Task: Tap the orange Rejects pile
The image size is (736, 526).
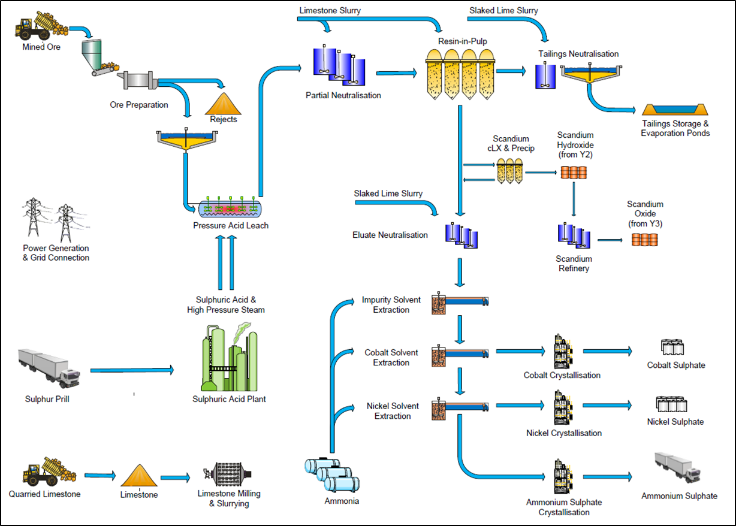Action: pos(222,103)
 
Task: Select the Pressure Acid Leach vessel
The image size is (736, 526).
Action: pos(230,208)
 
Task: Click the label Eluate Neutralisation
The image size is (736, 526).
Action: pos(390,235)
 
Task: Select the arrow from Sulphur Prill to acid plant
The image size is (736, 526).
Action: pos(132,371)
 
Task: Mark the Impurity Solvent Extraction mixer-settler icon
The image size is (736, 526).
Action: pos(460,303)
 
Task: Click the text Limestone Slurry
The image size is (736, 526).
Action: pos(330,10)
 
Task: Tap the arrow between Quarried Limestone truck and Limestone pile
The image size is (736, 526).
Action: pos(99,476)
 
